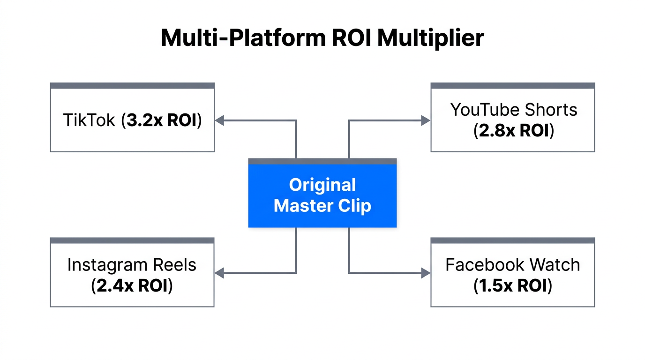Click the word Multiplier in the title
click(x=430, y=38)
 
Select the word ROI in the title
click(x=351, y=38)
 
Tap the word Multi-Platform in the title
click(x=243, y=38)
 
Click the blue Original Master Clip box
click(x=322, y=195)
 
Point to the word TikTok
click(x=89, y=120)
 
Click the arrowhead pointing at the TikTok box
click(x=219, y=120)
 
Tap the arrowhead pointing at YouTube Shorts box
click(x=426, y=120)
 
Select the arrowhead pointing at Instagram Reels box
click(x=219, y=273)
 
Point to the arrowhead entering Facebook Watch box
click(x=426, y=273)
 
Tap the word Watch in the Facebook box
click(x=556, y=265)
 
